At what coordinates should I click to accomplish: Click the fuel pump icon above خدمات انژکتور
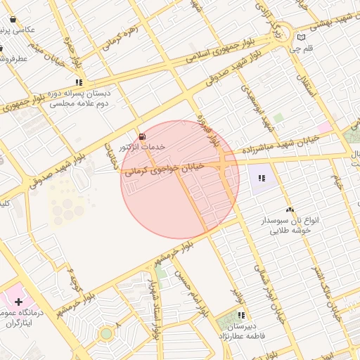click(x=143, y=136)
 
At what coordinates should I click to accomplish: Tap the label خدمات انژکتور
click(x=143, y=147)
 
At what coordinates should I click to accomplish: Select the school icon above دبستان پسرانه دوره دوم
click(x=79, y=82)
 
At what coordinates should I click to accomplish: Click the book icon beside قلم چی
click(x=302, y=37)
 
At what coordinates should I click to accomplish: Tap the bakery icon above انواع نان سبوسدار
click(x=290, y=210)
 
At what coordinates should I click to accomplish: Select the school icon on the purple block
click(x=263, y=178)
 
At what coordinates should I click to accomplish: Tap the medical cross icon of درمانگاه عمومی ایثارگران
click(x=18, y=301)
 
